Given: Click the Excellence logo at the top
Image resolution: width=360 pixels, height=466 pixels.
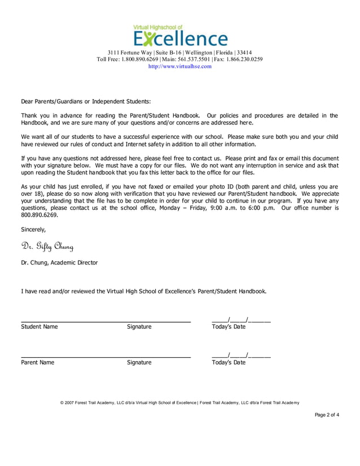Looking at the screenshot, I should click(x=180, y=36).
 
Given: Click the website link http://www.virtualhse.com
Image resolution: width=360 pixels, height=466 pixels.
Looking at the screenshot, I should click(x=179, y=66).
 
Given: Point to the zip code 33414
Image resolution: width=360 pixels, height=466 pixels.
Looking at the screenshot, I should click(x=244, y=52).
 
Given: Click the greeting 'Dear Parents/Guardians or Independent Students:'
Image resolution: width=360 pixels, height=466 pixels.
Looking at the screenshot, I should click(x=86, y=102).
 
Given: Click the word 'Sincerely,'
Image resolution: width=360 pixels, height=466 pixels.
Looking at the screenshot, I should click(x=33, y=230).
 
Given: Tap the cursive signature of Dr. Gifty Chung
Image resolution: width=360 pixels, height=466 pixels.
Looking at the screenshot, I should click(x=47, y=246).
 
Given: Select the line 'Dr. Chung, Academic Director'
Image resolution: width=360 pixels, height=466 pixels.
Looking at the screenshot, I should click(x=59, y=262).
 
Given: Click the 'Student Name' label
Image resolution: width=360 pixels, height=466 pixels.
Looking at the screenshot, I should click(x=39, y=327).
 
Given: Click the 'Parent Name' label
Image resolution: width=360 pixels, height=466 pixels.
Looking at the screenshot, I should click(x=38, y=362).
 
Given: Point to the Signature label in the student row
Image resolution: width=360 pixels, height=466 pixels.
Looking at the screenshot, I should click(x=139, y=327).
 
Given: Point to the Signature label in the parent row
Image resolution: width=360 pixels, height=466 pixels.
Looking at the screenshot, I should click(x=139, y=362).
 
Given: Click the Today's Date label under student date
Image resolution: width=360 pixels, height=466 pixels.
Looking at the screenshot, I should click(x=229, y=327).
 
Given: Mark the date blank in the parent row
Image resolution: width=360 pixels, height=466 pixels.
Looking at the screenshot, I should click(x=241, y=355).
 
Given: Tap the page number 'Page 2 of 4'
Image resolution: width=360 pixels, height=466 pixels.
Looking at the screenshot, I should click(x=327, y=415).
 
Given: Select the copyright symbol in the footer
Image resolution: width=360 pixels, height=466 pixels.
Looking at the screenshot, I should click(x=62, y=402).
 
